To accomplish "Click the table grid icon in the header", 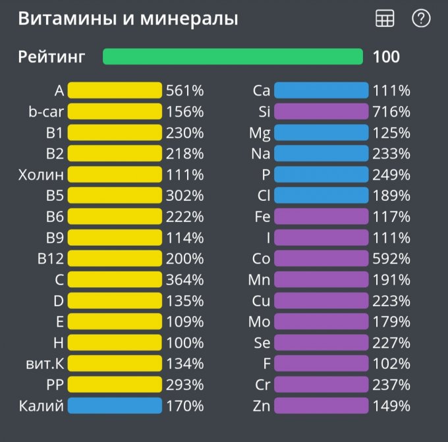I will click(385, 19).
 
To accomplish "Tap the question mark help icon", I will click(421, 19).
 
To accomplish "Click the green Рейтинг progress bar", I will click(233, 57).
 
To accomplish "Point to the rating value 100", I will click(386, 57).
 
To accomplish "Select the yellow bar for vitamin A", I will click(115, 90).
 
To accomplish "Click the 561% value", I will click(185, 90).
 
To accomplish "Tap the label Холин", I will click(42, 175).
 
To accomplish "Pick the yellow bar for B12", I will click(115, 258).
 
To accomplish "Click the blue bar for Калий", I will click(115, 405).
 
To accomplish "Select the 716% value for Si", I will click(391, 111).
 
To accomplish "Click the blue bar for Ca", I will click(321, 90).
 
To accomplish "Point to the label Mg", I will click(260, 132).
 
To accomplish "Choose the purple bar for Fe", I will click(321, 216).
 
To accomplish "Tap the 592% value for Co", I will click(391, 258).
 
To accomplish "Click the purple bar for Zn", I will click(321, 405).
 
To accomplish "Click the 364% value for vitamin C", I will click(185, 279).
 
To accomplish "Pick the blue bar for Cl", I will click(321, 195).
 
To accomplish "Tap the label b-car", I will click(46, 111).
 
